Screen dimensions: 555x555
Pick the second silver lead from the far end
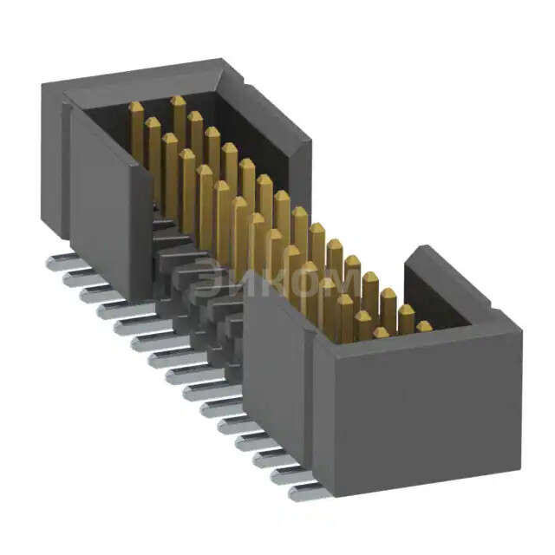click(80, 279)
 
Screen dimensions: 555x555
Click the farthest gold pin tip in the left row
click(136, 107)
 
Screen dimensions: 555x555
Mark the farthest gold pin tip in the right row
click(178, 101)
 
